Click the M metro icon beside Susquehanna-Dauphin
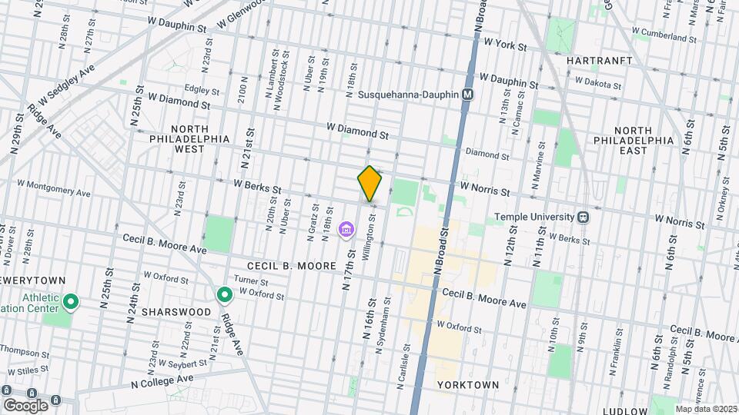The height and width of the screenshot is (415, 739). [467, 95]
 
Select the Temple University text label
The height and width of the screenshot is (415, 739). [535, 217]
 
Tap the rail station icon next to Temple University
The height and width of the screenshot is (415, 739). [584, 217]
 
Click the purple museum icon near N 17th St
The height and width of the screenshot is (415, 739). [346, 230]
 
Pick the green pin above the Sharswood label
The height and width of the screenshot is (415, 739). [225, 294]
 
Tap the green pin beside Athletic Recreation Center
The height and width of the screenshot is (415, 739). [71, 302]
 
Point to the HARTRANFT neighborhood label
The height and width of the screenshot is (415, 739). [599, 60]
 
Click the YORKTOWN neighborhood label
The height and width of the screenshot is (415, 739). [468, 384]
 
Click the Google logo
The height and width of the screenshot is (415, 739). [25, 405]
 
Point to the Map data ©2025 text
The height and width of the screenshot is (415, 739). [703, 409]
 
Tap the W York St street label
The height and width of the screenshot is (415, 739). [505, 46]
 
